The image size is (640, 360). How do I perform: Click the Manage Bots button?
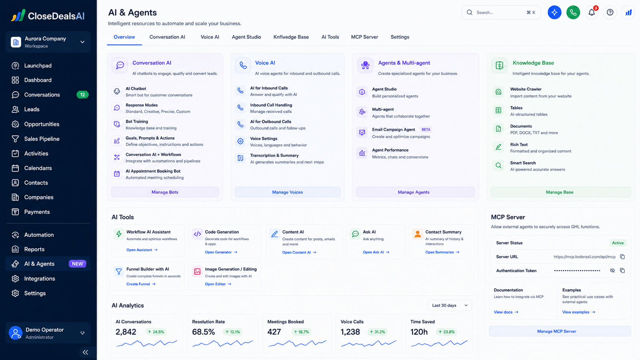[165, 192]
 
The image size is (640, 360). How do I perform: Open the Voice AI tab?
[210, 37]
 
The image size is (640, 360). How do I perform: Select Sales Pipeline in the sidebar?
[42, 139]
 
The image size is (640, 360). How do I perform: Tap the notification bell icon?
[591, 12]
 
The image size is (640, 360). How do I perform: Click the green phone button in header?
[573, 12]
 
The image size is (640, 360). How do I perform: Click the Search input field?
[501, 12]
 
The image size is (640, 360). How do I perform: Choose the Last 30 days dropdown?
[450, 305]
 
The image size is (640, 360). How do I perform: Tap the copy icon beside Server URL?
[622, 257]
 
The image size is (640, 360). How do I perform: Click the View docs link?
[506, 312]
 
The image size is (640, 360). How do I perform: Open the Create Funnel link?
[141, 284]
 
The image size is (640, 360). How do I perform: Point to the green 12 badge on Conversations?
[83, 95]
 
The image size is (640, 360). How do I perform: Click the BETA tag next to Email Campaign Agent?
[426, 129]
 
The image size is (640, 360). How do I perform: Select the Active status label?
[618, 243]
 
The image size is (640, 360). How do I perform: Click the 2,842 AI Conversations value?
[126, 332]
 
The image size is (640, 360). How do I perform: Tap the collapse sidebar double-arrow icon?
[85, 352]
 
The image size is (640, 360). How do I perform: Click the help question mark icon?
[610, 12]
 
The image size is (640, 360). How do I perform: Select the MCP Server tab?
[364, 37]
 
